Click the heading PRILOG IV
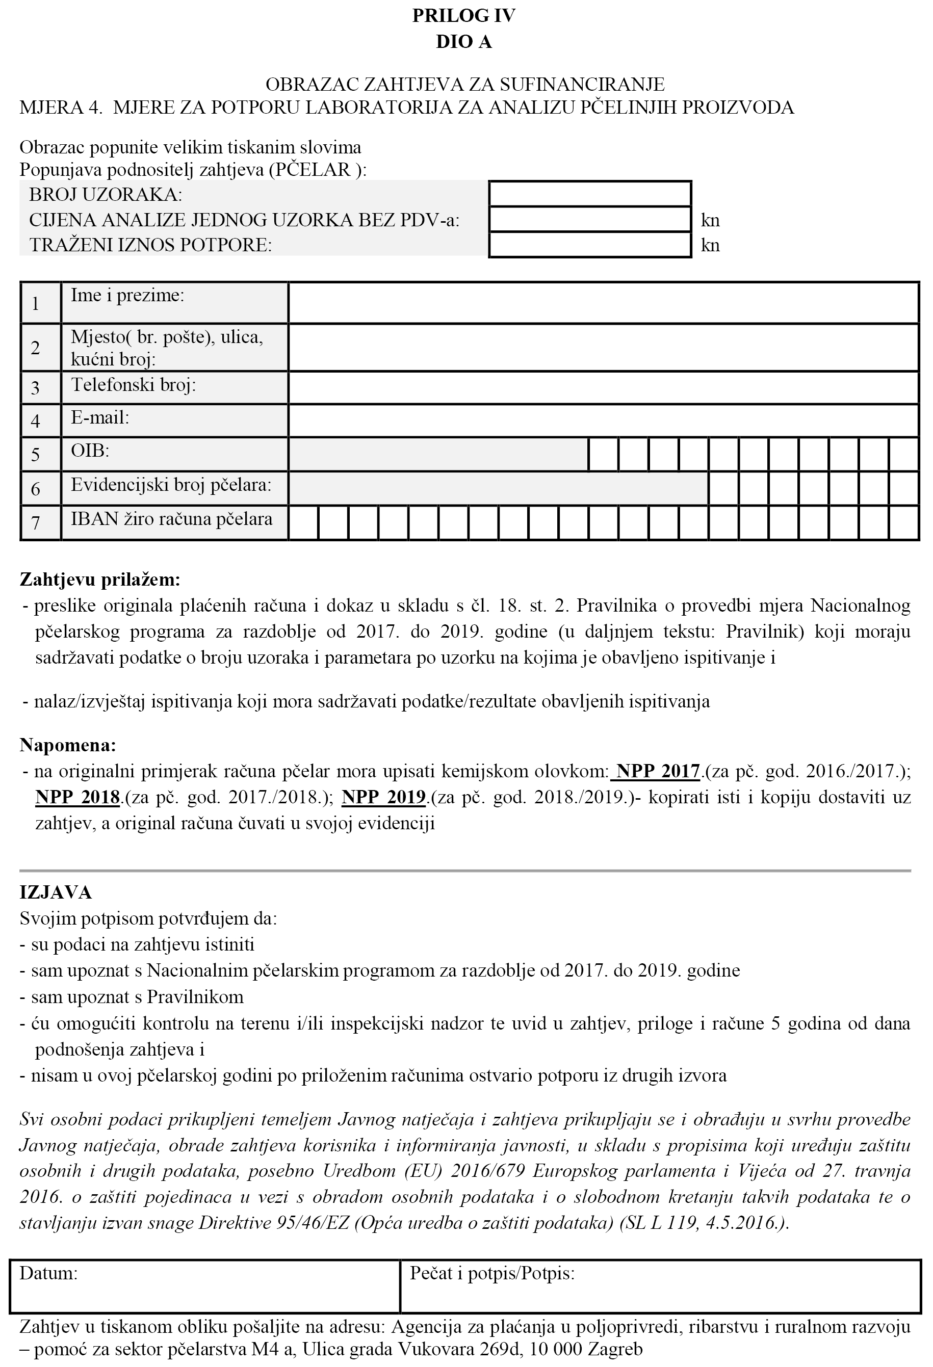tap(463, 16)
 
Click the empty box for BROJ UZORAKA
tap(589, 194)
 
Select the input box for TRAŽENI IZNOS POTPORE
tap(589, 245)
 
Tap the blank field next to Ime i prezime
tap(603, 303)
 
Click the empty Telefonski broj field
tap(603, 388)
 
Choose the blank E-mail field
tap(603, 420)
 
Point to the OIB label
tap(90, 451)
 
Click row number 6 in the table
tap(36, 489)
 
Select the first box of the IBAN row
tap(303, 523)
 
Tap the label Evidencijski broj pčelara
tap(171, 485)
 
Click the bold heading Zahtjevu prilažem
tap(100, 580)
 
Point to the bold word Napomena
tap(68, 745)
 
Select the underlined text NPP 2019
tap(383, 797)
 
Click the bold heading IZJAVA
tap(56, 893)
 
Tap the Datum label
tap(48, 1274)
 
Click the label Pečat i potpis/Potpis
tap(492, 1274)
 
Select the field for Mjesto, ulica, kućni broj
tap(603, 347)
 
